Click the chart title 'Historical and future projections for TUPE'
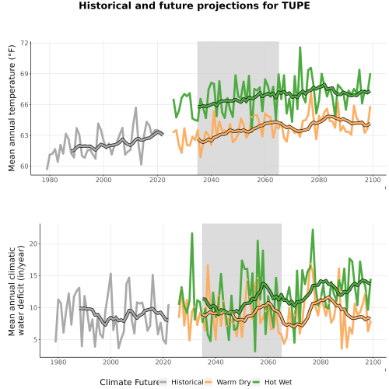point(194,5)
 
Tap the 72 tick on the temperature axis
point(24,43)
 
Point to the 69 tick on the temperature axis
point(24,74)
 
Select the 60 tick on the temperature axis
point(24,166)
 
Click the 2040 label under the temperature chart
point(211,180)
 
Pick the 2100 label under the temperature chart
point(373,180)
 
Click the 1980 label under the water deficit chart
point(58,362)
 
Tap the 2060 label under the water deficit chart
point(268,362)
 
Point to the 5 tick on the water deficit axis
point(35,339)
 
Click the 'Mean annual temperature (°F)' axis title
point(12,108)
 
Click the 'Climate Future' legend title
point(129,382)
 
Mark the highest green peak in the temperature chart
point(300,47)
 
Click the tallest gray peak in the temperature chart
point(135,107)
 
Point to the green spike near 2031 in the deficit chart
point(192,233)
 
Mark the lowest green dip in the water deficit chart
point(255,352)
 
